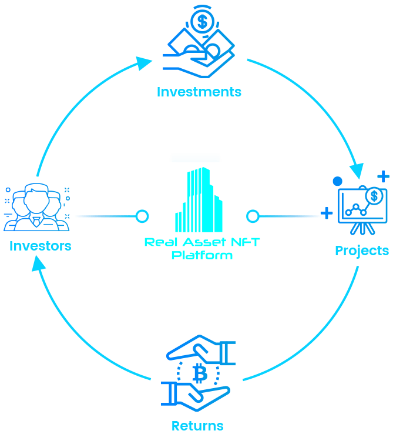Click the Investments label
pyautogui.click(x=199, y=92)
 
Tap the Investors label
pyautogui.click(x=40, y=245)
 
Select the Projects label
pyautogui.click(x=362, y=251)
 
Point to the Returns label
pyautogui.click(x=197, y=425)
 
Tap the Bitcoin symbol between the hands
pyautogui.click(x=199, y=373)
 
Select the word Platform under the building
pyautogui.click(x=201, y=255)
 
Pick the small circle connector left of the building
pyautogui.click(x=142, y=216)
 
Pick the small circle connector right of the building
pyautogui.click(x=253, y=216)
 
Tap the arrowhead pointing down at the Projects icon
pyautogui.click(x=357, y=170)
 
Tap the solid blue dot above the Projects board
pyautogui.click(x=337, y=181)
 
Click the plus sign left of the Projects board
pyautogui.click(x=327, y=213)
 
